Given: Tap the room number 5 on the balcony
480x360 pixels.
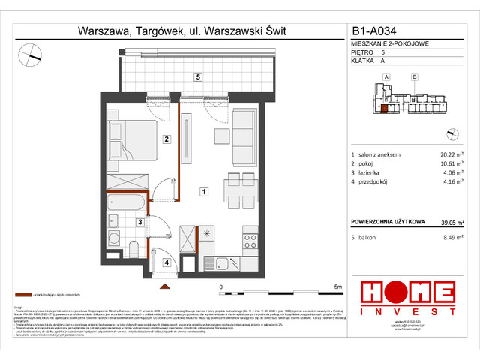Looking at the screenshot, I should (x=197, y=76).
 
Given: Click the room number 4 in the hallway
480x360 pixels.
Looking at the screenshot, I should (x=166, y=262).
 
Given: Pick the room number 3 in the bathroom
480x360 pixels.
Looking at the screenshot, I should (x=139, y=222).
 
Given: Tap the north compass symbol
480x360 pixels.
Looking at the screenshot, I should (x=31, y=53).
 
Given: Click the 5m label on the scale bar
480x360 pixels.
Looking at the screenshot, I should (x=337, y=286).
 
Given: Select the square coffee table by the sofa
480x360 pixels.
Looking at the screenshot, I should (x=223, y=134).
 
